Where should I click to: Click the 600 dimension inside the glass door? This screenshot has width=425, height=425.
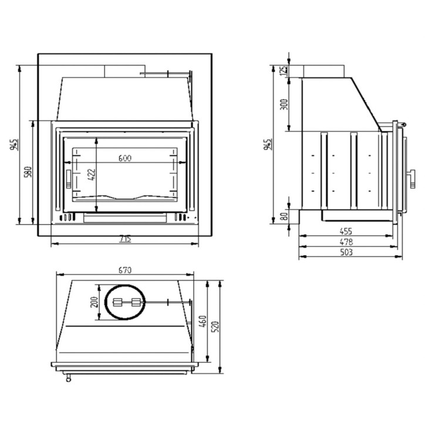[x=124, y=157]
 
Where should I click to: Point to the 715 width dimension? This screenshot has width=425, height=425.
[x=125, y=238]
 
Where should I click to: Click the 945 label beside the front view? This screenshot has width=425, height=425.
[x=15, y=145]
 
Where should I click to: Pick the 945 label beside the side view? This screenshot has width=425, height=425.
[x=268, y=144]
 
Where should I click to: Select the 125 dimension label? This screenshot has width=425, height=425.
[x=284, y=70]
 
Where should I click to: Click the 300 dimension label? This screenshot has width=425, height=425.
[x=284, y=104]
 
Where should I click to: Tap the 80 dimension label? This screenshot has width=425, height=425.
[x=284, y=216]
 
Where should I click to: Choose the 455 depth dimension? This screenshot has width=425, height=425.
[x=346, y=231]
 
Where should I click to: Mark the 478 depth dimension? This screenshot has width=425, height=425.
[x=346, y=241]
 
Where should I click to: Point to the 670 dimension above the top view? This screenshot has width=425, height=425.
[x=124, y=270]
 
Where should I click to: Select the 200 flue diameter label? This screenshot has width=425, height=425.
[x=93, y=302]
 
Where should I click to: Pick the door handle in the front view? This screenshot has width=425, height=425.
[x=68, y=178]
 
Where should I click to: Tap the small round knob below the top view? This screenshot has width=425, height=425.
[x=70, y=378]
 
